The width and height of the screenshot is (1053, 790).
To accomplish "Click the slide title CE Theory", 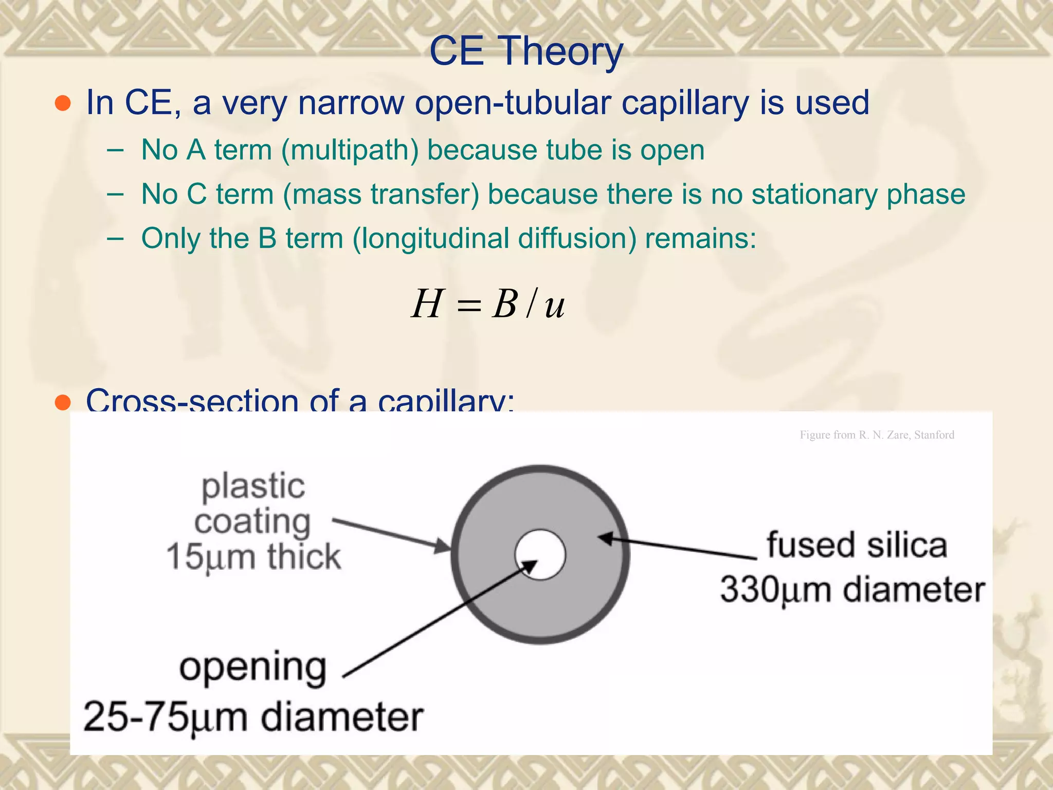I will (526, 51).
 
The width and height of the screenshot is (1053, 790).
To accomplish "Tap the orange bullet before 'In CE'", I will (63, 103).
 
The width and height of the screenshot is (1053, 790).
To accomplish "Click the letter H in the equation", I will (427, 304).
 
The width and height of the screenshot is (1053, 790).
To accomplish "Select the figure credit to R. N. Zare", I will (877, 435).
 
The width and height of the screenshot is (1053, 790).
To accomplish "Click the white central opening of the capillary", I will (540, 554).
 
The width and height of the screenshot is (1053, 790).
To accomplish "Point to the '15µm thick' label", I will (253, 558).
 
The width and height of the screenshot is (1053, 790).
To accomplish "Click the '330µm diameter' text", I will (852, 589).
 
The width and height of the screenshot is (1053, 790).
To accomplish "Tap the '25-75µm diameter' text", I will (253, 717).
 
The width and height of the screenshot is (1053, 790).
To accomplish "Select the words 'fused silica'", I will (857, 545).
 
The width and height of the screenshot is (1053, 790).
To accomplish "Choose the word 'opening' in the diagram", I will (252, 668).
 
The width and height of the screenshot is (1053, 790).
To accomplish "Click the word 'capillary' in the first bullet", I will (685, 103).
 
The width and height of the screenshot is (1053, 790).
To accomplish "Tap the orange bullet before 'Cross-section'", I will (63, 403).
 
